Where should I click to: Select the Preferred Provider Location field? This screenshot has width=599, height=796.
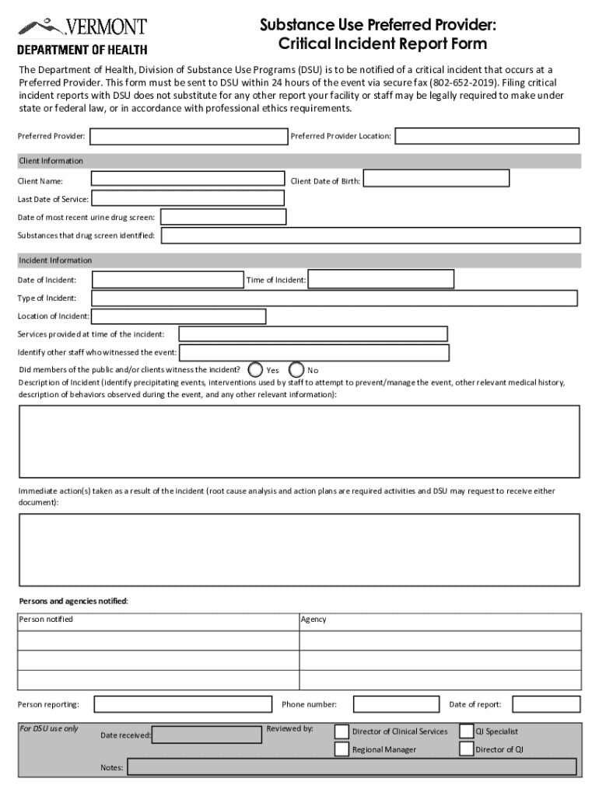pyautogui.click(x=487, y=136)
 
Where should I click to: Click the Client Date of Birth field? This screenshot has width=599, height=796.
pyautogui.click(x=436, y=178)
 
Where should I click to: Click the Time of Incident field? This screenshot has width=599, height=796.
pyautogui.click(x=380, y=279)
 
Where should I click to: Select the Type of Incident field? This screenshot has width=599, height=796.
pyautogui.click(x=335, y=298)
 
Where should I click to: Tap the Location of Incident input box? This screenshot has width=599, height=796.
pyautogui.click(x=178, y=316)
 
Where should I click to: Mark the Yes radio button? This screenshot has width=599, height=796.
pyautogui.click(x=254, y=369)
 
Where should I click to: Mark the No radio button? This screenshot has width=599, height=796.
pyautogui.click(x=296, y=369)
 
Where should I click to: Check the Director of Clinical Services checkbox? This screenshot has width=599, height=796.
pyautogui.click(x=342, y=731)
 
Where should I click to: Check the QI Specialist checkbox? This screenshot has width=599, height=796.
pyautogui.click(x=466, y=731)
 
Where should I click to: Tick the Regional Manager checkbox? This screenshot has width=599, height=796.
pyautogui.click(x=342, y=749)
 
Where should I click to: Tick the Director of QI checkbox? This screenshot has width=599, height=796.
pyautogui.click(x=466, y=749)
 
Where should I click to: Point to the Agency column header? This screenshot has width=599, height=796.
pyautogui.click(x=314, y=620)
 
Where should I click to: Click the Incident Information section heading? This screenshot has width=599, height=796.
pyautogui.click(x=54, y=260)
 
